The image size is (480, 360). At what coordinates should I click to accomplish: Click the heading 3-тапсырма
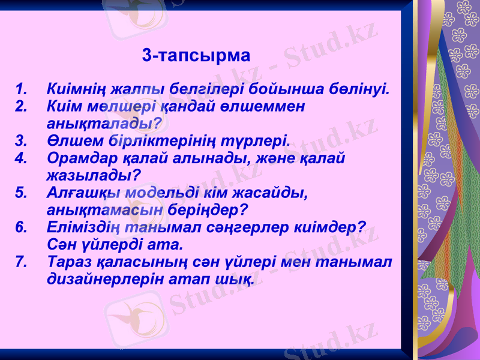pos(196,56)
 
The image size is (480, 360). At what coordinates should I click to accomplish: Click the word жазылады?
pos(94,176)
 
